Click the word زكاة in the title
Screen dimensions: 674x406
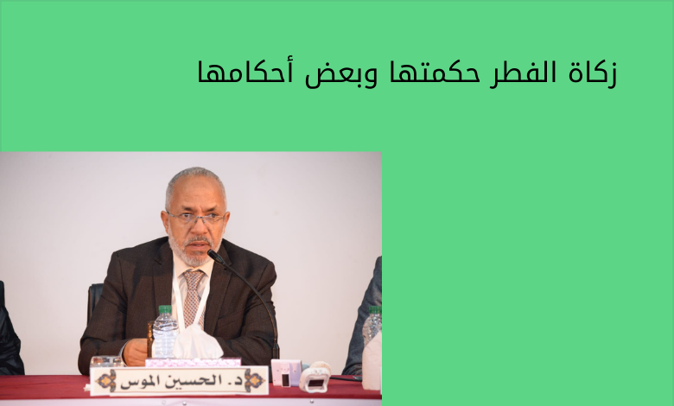[x=593, y=74]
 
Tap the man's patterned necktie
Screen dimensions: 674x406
[x=193, y=296]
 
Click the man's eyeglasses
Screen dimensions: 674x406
[x=196, y=218]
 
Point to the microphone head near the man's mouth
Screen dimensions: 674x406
[x=216, y=257]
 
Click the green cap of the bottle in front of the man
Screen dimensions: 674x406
[x=165, y=309]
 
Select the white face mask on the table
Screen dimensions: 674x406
[x=197, y=342]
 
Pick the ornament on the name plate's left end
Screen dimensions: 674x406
[x=106, y=381]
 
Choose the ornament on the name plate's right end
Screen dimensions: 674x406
[x=253, y=380]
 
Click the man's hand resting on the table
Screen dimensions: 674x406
[x=136, y=352]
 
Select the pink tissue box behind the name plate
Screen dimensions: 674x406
[x=193, y=362]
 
